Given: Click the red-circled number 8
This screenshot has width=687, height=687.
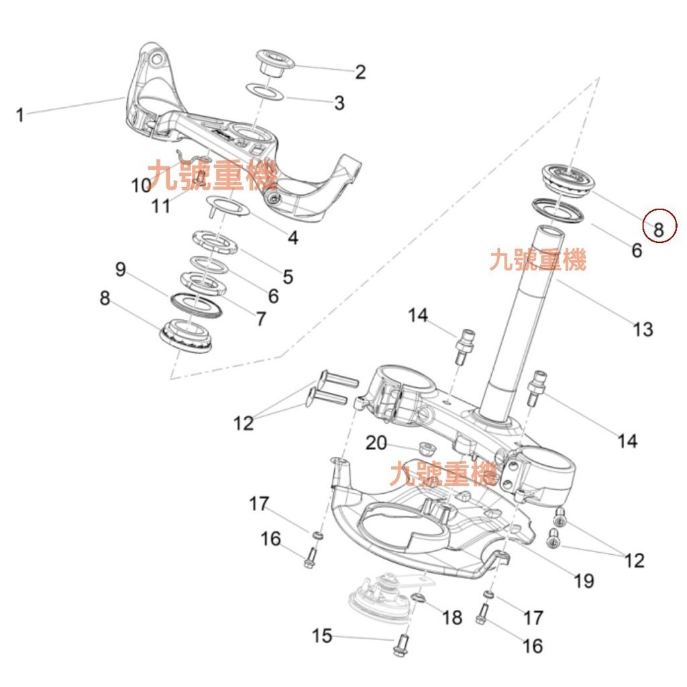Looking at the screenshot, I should tap(659, 229).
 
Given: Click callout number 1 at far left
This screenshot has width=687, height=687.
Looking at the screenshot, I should tap(20, 115).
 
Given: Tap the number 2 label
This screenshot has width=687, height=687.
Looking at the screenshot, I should tap(360, 72).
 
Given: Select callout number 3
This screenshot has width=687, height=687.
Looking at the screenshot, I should tap(339, 103).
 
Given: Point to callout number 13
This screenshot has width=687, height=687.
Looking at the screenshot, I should tap(642, 329).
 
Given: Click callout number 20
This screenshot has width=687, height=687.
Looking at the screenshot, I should tap(377, 443).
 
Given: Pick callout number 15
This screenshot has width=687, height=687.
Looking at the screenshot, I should tap(323, 635).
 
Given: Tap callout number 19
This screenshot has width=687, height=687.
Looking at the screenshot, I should tap(584, 580).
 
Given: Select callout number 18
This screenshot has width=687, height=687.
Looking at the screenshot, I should tap(453, 617).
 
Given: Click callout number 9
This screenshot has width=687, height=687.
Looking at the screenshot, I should tap(120, 270).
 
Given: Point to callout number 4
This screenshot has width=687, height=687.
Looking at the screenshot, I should tap(293, 237).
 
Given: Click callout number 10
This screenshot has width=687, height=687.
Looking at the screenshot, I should tap(141, 184).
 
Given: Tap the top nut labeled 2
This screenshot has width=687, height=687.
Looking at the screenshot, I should tap(276, 64).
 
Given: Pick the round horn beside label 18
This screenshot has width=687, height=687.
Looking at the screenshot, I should tap(379, 597).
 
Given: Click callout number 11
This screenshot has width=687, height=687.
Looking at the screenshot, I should tap(161, 206).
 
